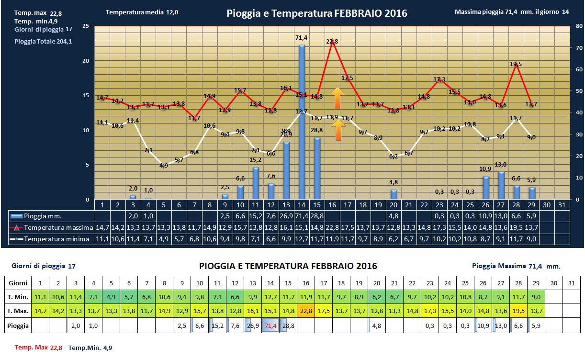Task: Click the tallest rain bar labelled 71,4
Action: pos(302,122)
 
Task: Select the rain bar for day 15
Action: pos(317,168)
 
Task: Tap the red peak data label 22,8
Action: pos(332,42)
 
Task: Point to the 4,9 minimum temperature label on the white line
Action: pos(164,166)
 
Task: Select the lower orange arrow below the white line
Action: pos(337,130)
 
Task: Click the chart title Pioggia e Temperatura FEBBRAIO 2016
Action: pos(316,13)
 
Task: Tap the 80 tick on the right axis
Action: pos(579,26)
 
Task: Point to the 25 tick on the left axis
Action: pos(86,26)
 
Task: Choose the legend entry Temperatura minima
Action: pos(53,239)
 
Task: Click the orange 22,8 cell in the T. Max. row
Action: pos(305,311)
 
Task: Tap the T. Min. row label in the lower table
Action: pos(18,297)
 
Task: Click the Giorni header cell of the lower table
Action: pos(18,282)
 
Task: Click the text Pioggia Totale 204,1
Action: pos(43,42)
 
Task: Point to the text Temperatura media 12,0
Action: pos(142,12)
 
